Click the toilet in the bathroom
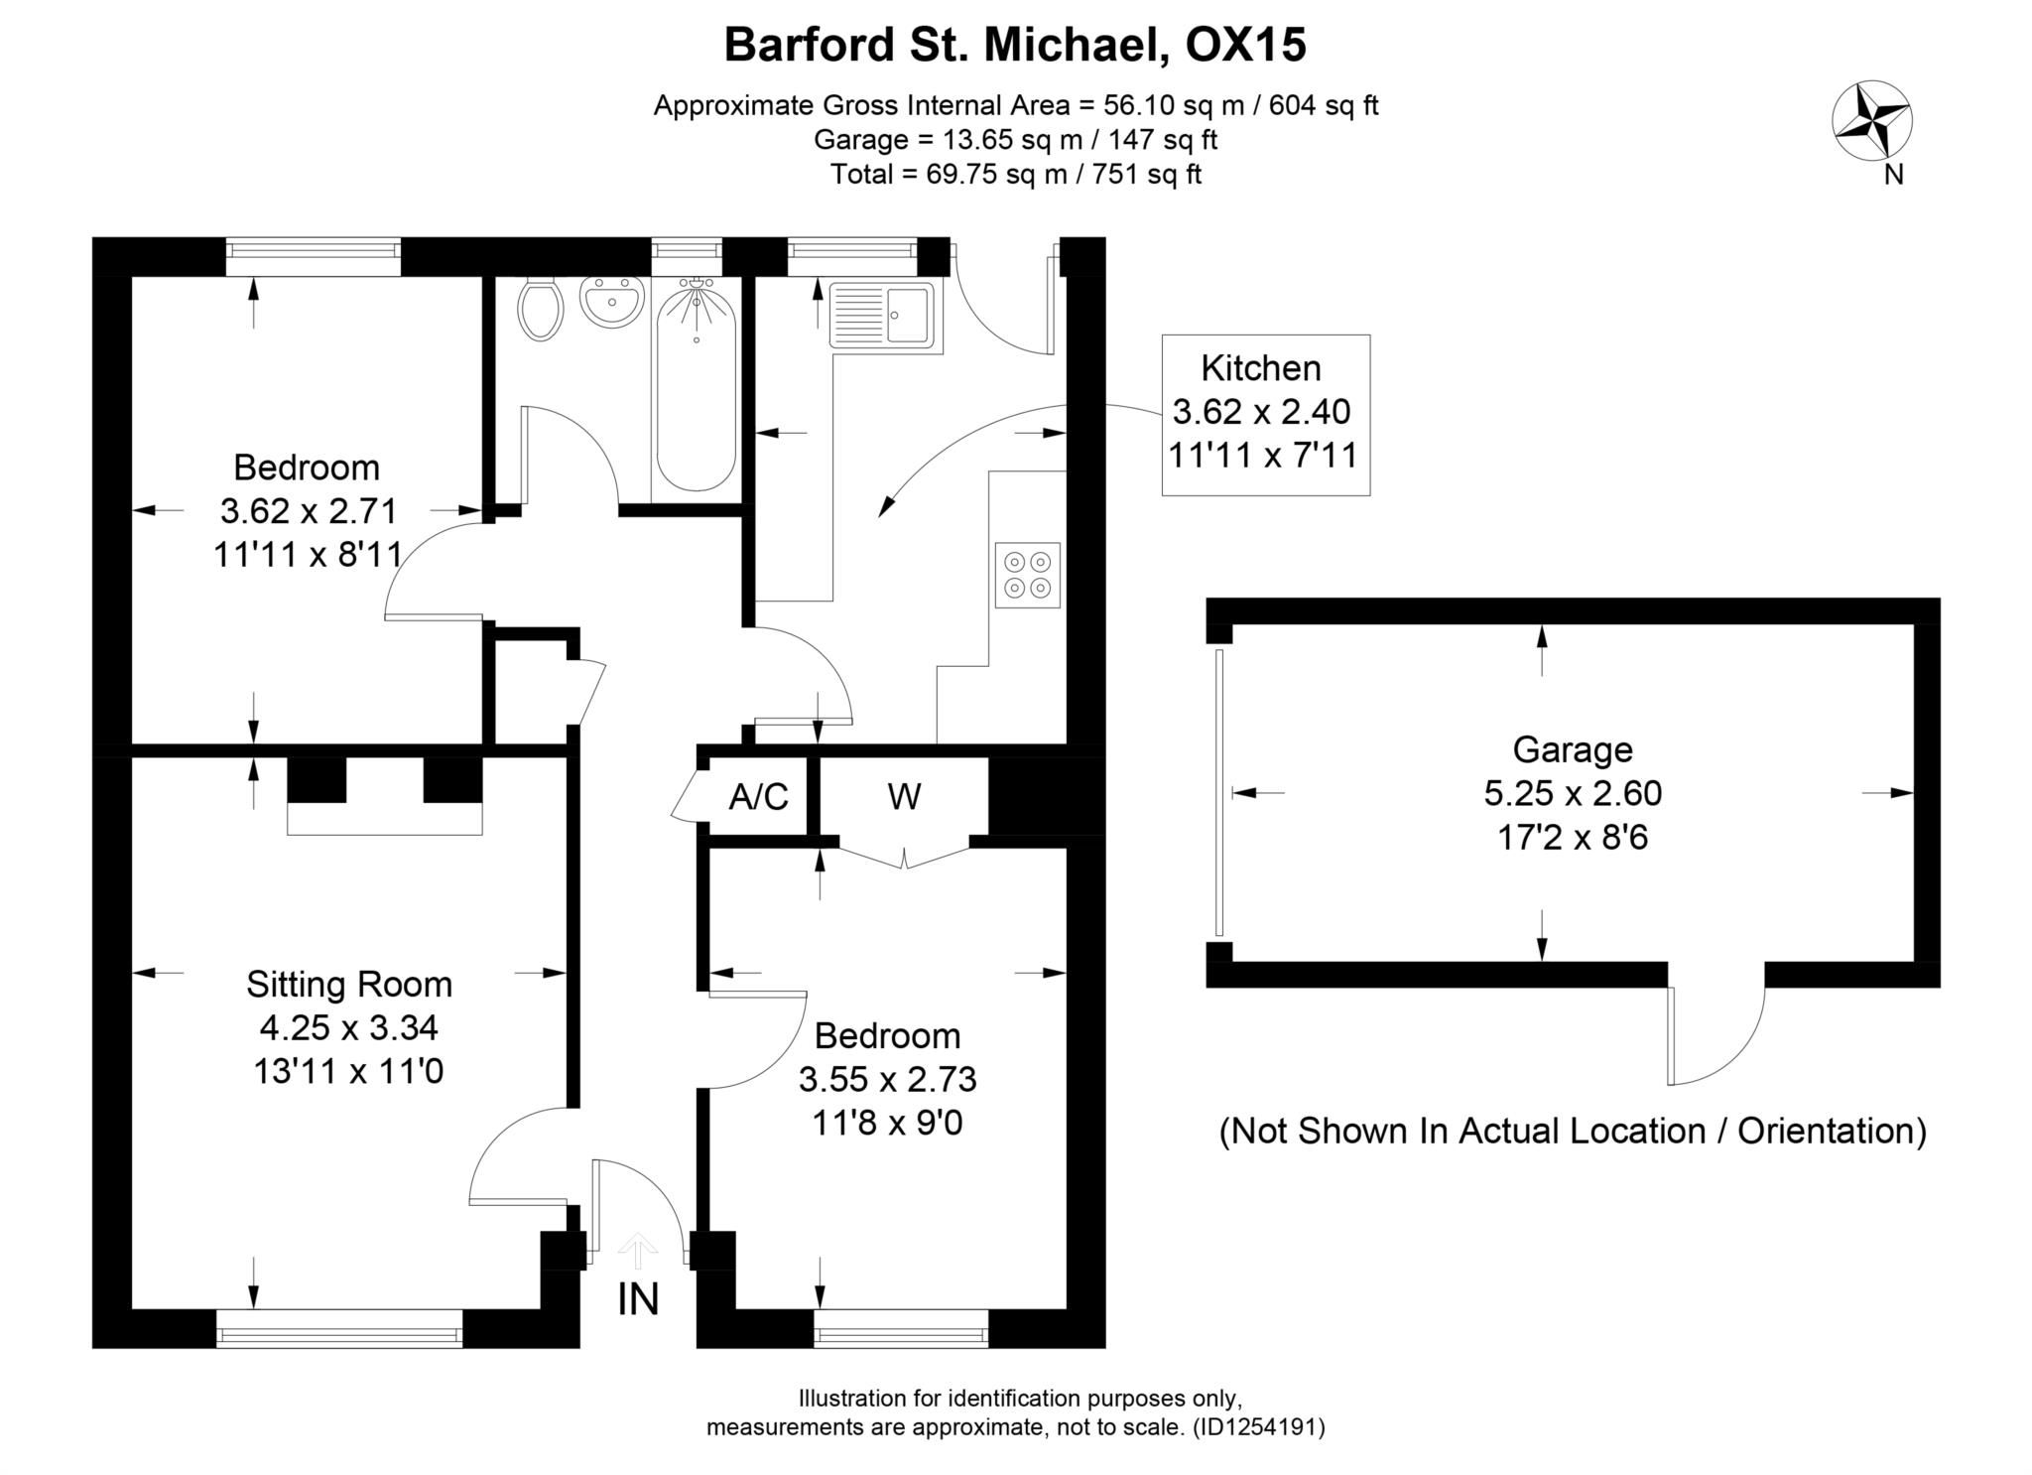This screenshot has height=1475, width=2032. pyautogui.click(x=541, y=309)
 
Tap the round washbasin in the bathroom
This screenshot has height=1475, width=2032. pyautogui.click(x=611, y=301)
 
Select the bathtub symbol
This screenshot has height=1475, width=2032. pyautogui.click(x=697, y=387)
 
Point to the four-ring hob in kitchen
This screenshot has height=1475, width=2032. pyautogui.click(x=1027, y=575)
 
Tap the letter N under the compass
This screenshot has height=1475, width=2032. pyautogui.click(x=1893, y=175)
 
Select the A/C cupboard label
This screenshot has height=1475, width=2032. pyautogui.click(x=758, y=797)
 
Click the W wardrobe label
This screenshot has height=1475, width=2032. pyautogui.click(x=904, y=796)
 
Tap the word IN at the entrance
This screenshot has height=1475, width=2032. pyautogui.click(x=637, y=1299)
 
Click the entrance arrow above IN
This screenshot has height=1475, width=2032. pyautogui.click(x=637, y=1251)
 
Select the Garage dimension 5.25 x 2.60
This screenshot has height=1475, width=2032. pyautogui.click(x=1572, y=793)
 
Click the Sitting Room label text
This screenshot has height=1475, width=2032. pyautogui.click(x=349, y=984)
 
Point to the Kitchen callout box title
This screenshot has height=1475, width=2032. pyautogui.click(x=1260, y=368)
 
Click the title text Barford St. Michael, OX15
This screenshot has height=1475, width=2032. pyautogui.click(x=1015, y=45)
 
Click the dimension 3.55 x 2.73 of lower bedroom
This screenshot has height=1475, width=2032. pyautogui.click(x=887, y=1079)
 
